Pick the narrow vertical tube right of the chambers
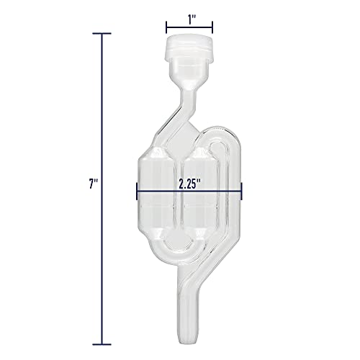click(x=225, y=209)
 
